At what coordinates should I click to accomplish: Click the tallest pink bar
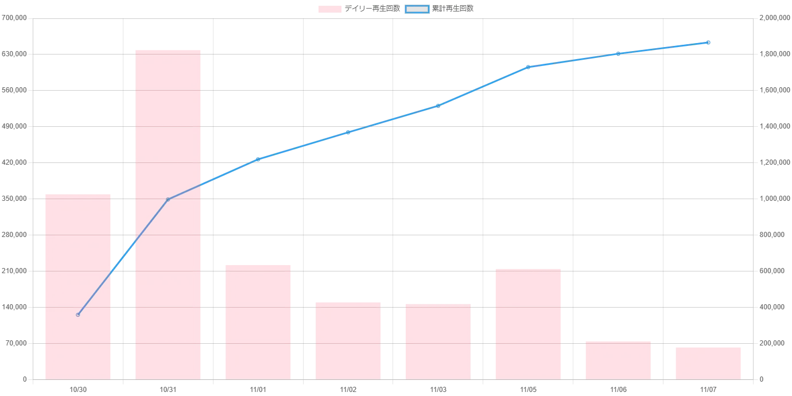(x=168, y=213)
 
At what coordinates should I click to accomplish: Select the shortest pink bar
(x=709, y=362)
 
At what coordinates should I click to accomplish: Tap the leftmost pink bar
(x=78, y=286)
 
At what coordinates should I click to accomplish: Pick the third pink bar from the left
(x=258, y=321)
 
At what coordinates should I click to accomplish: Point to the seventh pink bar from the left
(x=618, y=360)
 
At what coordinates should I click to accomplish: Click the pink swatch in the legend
(x=330, y=9)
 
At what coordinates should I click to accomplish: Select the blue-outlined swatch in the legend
(x=417, y=9)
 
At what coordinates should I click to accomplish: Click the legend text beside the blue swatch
(x=454, y=9)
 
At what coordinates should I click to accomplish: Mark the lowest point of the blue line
(x=78, y=315)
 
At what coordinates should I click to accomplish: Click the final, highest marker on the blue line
(x=709, y=42)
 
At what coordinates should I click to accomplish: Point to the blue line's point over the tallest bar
(x=168, y=199)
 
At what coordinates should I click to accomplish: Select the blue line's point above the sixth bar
(x=529, y=67)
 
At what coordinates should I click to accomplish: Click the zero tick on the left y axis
(x=25, y=380)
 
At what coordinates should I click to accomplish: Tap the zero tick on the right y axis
(x=762, y=380)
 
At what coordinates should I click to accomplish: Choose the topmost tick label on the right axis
(x=771, y=18)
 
